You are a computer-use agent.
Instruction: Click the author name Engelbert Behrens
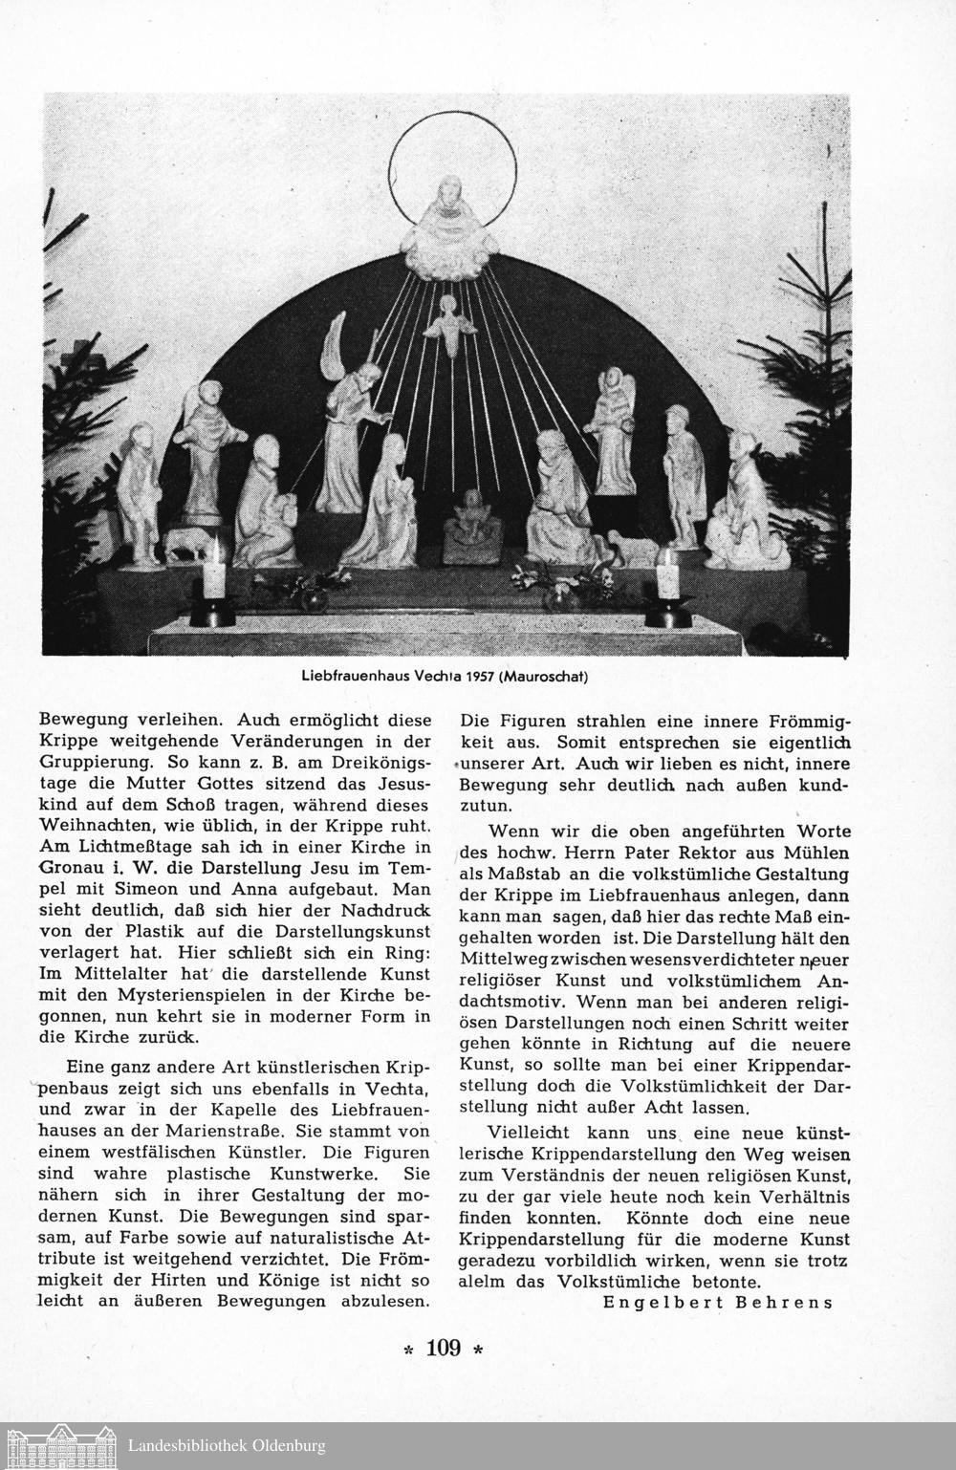click(x=718, y=1302)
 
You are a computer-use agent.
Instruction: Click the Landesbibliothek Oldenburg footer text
click(x=226, y=1446)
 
